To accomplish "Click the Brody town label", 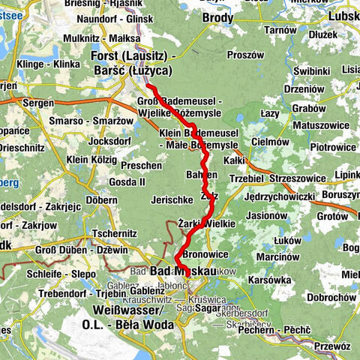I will point(217,16).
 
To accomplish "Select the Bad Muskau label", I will point(183,270).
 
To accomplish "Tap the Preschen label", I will point(141,165).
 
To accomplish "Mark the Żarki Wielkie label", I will point(208,223).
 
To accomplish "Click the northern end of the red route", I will point(148,86).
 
